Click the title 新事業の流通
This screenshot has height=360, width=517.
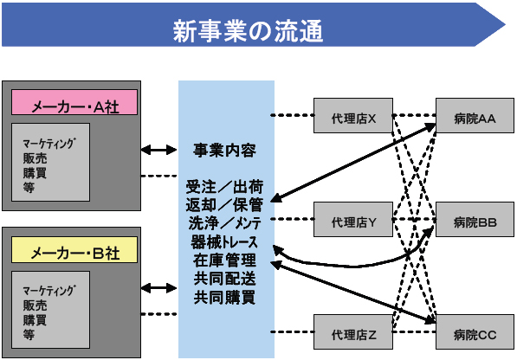pyautogui.click(x=248, y=31)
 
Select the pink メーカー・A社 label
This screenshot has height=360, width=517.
pyautogui.click(x=74, y=102)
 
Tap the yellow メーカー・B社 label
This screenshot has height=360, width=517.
pyautogui.click(x=74, y=249)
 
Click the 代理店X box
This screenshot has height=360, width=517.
pyautogui.click(x=353, y=115)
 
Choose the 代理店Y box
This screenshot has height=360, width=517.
pyautogui.click(x=353, y=219)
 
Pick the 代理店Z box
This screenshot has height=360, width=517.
pyautogui.click(x=353, y=331)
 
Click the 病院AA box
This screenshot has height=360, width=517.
pyautogui.click(x=475, y=115)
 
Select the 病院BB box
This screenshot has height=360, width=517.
pyautogui.click(x=475, y=219)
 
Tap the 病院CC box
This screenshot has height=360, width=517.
pyautogui.click(x=475, y=331)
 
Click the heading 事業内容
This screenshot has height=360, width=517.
pyautogui.click(x=224, y=151)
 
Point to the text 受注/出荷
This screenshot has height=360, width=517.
pyautogui.click(x=224, y=187)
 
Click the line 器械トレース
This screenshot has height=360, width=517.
pyautogui.click(x=224, y=242)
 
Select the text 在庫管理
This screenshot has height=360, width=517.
pyautogui.click(x=224, y=260)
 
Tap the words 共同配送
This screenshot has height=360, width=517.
pyautogui.click(x=224, y=279)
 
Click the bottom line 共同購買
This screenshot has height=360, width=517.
pyautogui.click(x=224, y=297)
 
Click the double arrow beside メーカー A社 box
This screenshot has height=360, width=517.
pyautogui.click(x=159, y=150)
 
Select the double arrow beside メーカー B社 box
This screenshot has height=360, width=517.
pyautogui.click(x=159, y=288)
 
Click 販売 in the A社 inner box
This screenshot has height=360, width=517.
pyautogui.click(x=35, y=158)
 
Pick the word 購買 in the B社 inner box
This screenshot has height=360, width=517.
pyautogui.click(x=35, y=320)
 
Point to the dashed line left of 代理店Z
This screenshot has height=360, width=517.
pyautogui.click(x=292, y=331)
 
